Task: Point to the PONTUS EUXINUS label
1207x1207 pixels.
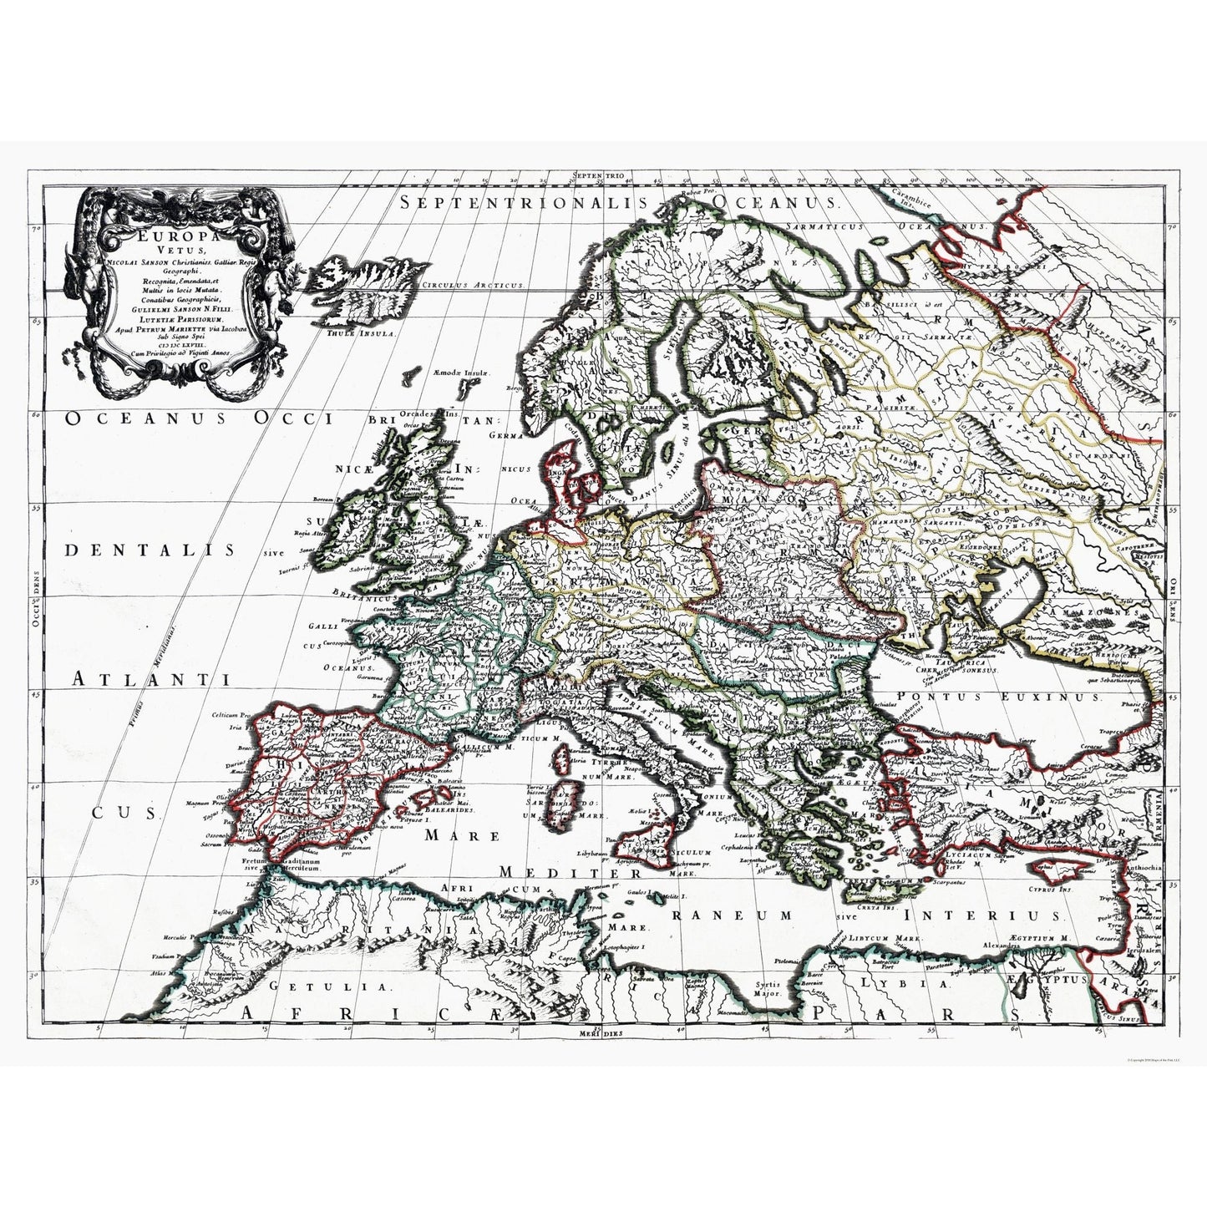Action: [993, 695]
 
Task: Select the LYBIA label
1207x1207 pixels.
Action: [910, 985]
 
